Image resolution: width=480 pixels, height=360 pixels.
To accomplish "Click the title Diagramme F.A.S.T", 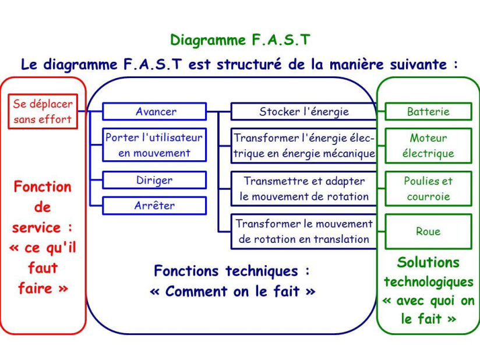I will click(240, 40).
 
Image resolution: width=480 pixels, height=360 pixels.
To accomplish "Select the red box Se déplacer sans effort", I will click(43, 112).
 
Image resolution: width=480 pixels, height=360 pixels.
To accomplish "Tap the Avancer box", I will click(155, 111).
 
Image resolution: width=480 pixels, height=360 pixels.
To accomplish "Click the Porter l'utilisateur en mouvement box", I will click(154, 145).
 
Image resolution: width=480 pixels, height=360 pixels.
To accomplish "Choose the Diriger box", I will click(154, 180).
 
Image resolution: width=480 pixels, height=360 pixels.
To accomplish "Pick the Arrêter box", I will click(154, 205).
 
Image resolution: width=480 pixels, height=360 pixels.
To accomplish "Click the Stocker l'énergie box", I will click(303, 111).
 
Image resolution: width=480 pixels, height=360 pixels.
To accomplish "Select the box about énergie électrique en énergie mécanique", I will click(303, 146).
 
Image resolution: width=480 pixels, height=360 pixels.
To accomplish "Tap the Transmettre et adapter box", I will click(303, 189).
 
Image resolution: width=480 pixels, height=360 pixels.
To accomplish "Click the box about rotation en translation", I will click(303, 231).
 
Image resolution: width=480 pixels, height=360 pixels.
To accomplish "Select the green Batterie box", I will click(428, 111).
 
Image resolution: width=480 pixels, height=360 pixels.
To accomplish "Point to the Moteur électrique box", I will click(428, 146).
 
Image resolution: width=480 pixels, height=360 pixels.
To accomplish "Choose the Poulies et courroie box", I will click(428, 189).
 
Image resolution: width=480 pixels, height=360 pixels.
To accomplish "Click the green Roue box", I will click(428, 231).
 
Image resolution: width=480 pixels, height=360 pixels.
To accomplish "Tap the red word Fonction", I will click(43, 187).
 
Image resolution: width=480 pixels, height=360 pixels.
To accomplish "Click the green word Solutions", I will click(428, 262).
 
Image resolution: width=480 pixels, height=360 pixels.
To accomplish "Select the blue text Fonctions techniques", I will click(232, 271).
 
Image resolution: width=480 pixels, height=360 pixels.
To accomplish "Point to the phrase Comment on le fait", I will click(232, 291).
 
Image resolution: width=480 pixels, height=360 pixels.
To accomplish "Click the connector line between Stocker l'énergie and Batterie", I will click(380, 111).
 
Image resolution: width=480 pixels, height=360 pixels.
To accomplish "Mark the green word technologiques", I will click(428, 282).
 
